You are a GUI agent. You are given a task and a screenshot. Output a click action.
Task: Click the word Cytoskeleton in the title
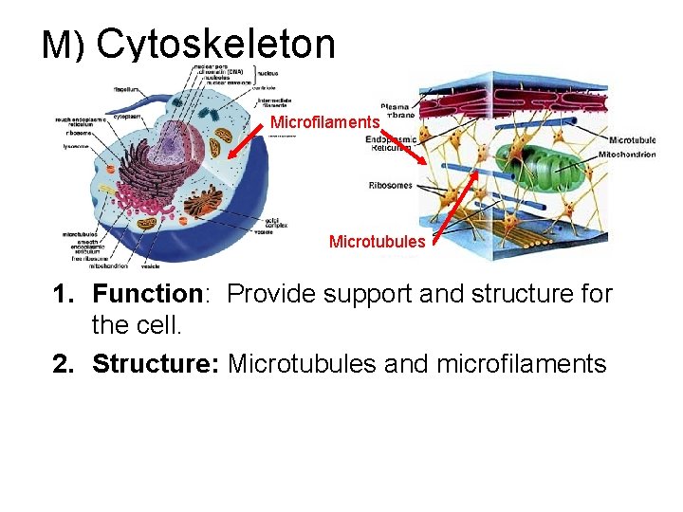215,44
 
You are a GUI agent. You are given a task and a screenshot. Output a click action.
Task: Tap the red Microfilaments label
324,122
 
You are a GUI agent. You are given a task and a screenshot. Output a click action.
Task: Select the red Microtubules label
377,242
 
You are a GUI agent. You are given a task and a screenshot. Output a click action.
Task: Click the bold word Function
148,295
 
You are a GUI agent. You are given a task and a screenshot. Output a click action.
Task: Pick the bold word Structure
156,363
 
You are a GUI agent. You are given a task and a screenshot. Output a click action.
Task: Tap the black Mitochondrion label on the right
626,155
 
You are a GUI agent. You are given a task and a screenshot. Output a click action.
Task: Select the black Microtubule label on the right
633,140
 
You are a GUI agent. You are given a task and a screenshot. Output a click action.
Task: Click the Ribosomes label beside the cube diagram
390,185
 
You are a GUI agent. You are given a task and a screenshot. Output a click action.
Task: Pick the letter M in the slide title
55,45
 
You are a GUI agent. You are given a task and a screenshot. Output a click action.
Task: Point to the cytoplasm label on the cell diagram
126,117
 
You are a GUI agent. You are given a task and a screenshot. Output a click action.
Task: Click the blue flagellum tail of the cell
218,228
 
